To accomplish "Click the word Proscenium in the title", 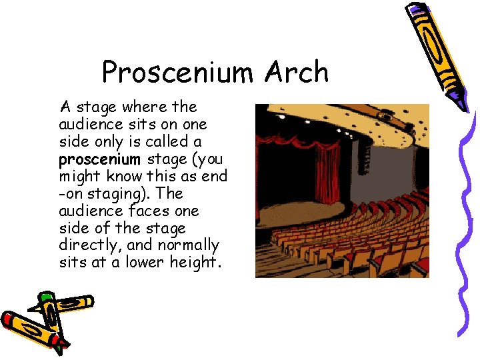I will [176, 72].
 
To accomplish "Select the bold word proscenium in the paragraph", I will [99, 159].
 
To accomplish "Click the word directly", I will [88, 245].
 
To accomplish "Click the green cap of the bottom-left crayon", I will [45, 296].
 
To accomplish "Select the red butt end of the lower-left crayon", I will [8, 318].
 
